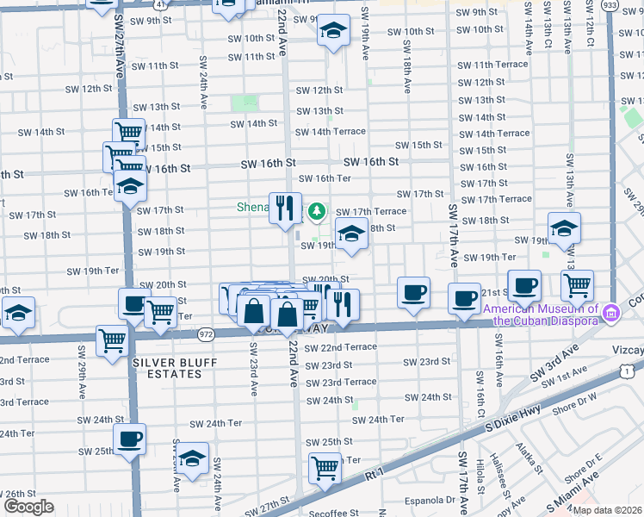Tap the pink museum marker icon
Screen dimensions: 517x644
click(x=611, y=311)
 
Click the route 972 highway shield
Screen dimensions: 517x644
click(x=205, y=332)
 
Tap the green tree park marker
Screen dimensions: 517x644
click(x=318, y=209)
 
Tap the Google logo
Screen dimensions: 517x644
click(x=28, y=507)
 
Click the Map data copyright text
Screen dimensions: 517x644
click(x=607, y=510)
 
